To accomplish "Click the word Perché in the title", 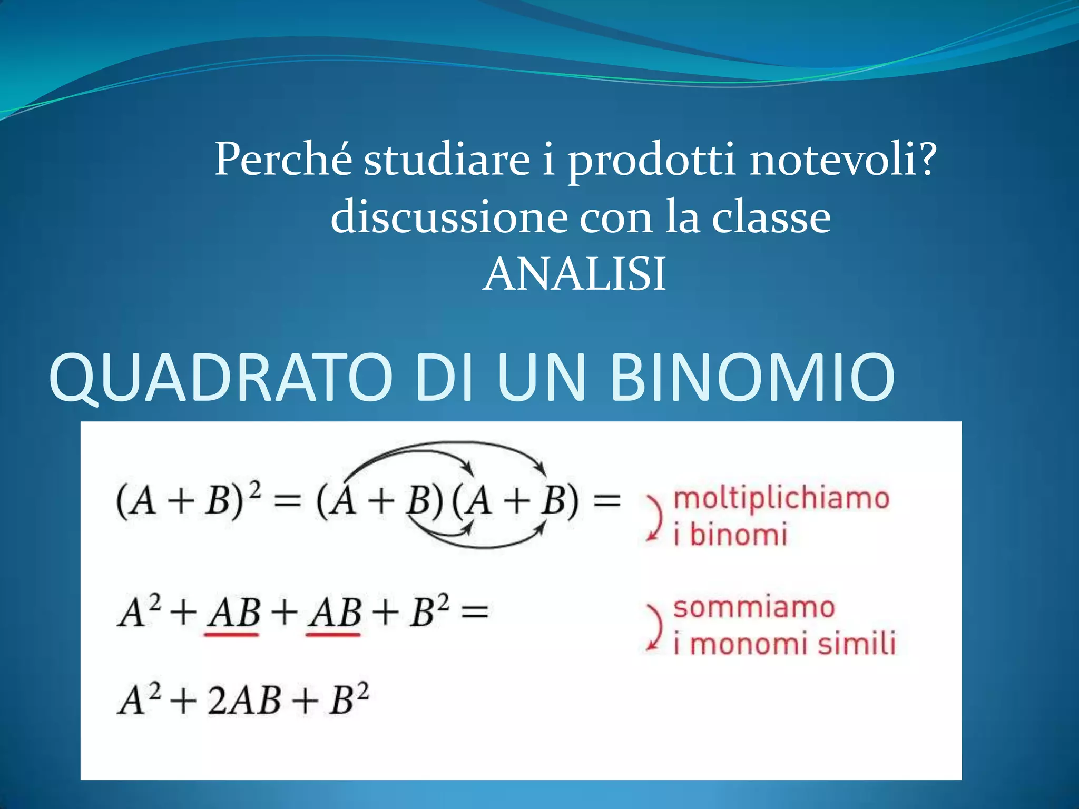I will coord(283,159).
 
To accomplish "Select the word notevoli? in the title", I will coord(843,159).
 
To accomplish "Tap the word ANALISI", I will coord(574,274).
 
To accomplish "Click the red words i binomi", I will coord(730,535).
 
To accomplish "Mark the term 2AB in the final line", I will coord(244,701).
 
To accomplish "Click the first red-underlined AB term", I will coord(232,614).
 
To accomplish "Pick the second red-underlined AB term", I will coord(333,614).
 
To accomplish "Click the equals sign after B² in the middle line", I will coord(474,613).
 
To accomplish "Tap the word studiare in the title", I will coord(447,159).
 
